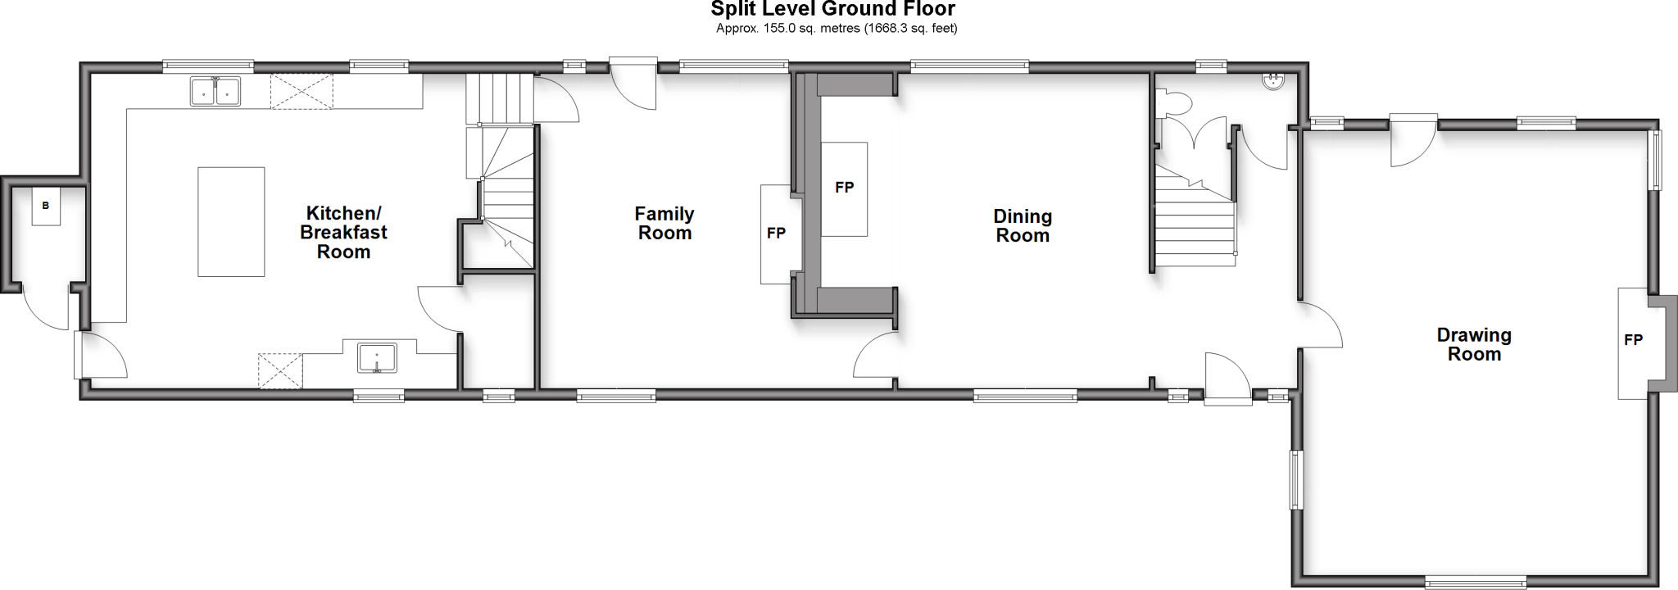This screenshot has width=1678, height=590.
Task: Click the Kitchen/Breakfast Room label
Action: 343,233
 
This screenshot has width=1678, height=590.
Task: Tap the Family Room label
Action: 664,224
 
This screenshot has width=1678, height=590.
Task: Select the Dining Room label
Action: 1023,226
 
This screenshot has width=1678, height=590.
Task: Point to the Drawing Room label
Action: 1474,345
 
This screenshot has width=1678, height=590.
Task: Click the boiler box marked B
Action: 46,206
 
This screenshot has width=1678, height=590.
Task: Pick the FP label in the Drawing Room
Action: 1633,340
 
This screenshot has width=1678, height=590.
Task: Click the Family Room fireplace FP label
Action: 776,234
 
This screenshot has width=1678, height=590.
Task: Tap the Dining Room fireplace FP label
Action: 844,188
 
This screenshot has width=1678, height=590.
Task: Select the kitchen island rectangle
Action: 231,221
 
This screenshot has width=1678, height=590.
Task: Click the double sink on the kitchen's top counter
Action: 215,91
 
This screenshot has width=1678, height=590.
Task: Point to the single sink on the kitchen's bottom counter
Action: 377,358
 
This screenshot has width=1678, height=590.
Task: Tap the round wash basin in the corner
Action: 1273,81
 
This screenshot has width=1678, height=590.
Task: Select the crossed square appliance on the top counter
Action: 302,91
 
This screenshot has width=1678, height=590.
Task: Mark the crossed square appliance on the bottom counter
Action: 280,370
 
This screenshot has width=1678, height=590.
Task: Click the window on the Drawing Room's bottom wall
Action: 1476,583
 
